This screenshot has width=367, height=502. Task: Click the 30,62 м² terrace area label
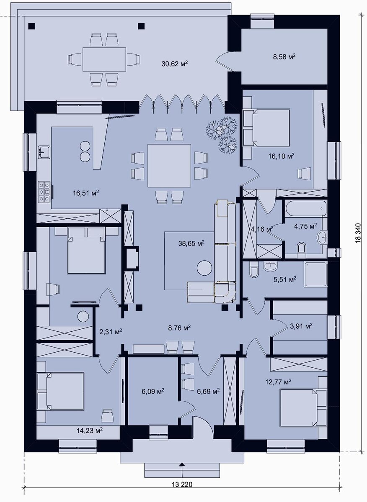click(x=174, y=64)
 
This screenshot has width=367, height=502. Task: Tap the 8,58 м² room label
click(x=284, y=56)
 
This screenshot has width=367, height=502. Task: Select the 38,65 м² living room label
click(x=191, y=243)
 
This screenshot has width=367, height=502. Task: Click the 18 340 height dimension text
click(x=358, y=233)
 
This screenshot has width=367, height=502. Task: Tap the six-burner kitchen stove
click(x=44, y=192)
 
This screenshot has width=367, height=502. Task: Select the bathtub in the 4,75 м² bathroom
click(x=306, y=208)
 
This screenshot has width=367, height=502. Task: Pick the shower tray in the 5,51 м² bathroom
click(x=315, y=274)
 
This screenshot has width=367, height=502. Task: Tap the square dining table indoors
click(x=169, y=166)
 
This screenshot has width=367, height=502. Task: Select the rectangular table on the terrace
click(x=104, y=59)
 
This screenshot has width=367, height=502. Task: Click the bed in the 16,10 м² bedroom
click(x=268, y=128)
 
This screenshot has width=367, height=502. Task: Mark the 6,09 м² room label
click(x=152, y=391)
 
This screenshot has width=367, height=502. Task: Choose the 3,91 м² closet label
click(x=301, y=326)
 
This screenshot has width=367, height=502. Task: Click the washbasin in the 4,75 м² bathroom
click(x=323, y=236)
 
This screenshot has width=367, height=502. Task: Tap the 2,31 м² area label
click(x=111, y=331)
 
